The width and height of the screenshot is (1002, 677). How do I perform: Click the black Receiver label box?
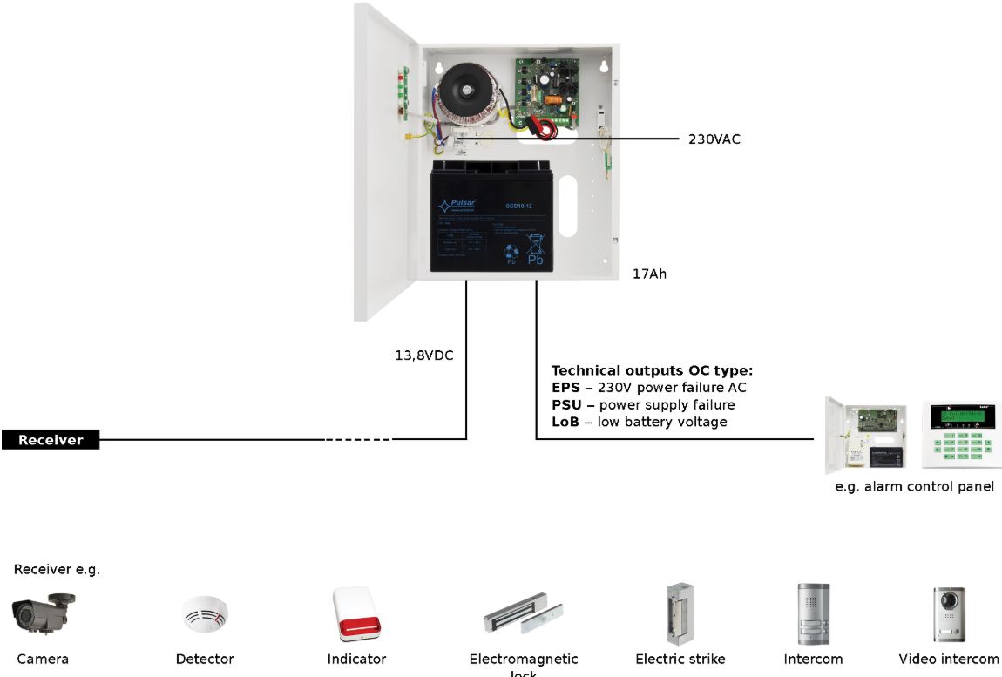pyautogui.click(x=51, y=440)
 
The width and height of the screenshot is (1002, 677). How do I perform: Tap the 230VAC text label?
pyautogui.click(x=714, y=139)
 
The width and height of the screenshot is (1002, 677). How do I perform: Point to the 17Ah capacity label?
pyautogui.click(x=650, y=274)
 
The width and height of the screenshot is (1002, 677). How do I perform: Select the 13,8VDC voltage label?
pyautogui.click(x=424, y=355)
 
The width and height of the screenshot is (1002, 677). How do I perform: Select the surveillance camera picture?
pyautogui.click(x=43, y=612)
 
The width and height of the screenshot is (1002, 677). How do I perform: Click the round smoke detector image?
pyautogui.click(x=205, y=615)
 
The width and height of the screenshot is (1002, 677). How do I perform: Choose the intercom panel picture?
pyautogui.click(x=813, y=613)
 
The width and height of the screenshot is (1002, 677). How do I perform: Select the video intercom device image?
pyautogui.click(x=949, y=613)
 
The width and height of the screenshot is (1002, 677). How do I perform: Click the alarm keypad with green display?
pyautogui.click(x=956, y=436)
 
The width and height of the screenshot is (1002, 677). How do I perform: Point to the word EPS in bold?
pyautogui.click(x=565, y=388)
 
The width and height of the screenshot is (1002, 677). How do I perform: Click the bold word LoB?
pyautogui.click(x=565, y=423)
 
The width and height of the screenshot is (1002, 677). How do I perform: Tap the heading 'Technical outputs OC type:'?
pyautogui.click(x=652, y=370)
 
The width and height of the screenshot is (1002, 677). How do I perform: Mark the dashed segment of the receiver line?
pyautogui.click(x=358, y=440)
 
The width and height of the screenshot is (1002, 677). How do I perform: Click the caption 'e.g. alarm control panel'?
pyautogui.click(x=914, y=487)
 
